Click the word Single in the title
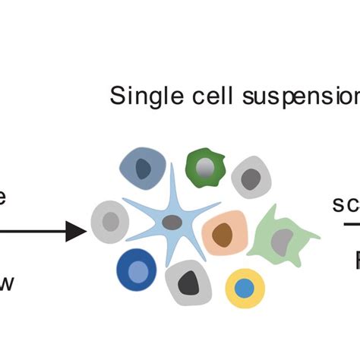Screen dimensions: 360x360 140,96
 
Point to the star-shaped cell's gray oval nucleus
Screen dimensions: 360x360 173,223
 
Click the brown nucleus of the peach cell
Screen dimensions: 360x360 223,235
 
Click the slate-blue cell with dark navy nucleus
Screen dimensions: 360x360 143,171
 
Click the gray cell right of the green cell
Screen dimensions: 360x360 251,178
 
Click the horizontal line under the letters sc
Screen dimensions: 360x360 346,224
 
